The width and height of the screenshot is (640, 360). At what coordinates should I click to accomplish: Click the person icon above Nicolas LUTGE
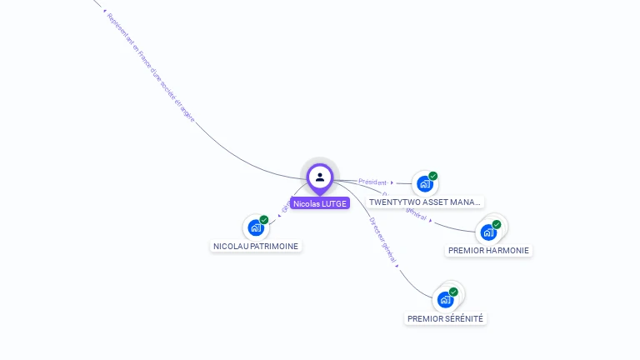coord(320,177)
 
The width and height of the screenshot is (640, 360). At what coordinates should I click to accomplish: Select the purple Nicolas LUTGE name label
coord(320,203)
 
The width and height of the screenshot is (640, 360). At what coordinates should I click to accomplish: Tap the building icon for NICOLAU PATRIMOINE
coord(256,227)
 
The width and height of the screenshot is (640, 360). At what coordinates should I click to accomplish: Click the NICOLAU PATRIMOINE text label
coord(256,246)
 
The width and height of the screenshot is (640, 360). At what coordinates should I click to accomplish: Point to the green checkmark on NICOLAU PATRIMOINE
coord(264,220)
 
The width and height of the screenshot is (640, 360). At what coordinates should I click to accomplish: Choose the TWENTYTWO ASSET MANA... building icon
coord(425,183)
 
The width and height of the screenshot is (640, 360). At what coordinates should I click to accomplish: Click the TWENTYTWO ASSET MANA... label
coord(425,202)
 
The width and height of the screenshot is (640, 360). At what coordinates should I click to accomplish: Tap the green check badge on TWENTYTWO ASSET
coord(433,176)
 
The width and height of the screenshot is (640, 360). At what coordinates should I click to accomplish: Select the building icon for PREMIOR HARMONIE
coord(488,232)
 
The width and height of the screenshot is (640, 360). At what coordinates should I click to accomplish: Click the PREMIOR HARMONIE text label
coord(488,250)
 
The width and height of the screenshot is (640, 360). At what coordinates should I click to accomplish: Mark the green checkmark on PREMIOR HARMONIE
coord(497,224)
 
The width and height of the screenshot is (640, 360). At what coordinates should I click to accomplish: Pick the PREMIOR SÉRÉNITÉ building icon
coord(445,299)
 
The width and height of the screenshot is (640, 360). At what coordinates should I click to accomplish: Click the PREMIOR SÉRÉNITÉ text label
coord(445,318)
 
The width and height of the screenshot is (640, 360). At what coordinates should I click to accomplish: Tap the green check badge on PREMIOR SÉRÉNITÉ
coord(453,292)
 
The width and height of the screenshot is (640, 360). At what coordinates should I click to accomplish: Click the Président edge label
coord(372,181)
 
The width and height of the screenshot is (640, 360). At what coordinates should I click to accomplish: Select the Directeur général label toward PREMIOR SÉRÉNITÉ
coord(382,240)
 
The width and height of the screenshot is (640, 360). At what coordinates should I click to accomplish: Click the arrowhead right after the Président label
coord(392,182)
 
